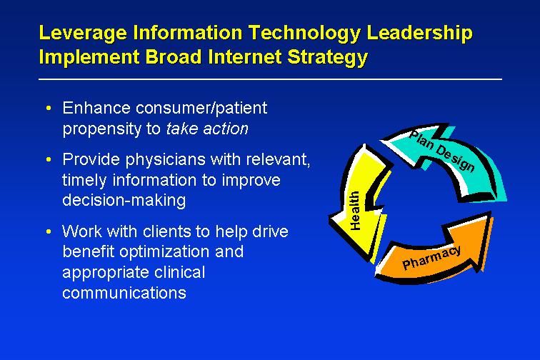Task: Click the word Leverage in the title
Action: tap(83, 34)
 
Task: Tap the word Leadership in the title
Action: tap(419, 34)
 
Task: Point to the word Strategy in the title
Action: tap(328, 58)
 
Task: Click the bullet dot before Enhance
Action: tap(49, 108)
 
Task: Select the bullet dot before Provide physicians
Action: tap(49, 159)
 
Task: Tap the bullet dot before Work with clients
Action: tap(49, 231)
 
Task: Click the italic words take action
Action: tap(207, 129)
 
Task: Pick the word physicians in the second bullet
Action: tap(165, 160)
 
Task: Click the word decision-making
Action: tap(124, 201)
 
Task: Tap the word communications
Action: tap(124, 293)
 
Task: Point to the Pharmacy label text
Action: tap(431, 257)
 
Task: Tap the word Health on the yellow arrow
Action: tap(355, 210)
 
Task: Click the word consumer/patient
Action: tap(201, 109)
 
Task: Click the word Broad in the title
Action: tap(174, 57)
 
